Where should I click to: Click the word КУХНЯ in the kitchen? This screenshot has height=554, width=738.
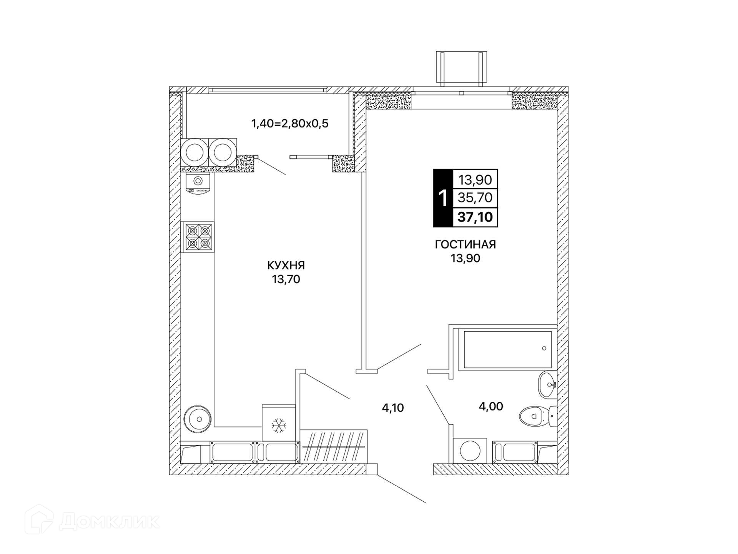coord(286,265)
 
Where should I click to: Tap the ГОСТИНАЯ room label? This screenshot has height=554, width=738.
coord(465,245)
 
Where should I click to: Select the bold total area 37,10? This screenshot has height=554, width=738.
coord(475,217)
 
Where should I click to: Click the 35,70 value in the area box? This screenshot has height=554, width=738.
coord(475,197)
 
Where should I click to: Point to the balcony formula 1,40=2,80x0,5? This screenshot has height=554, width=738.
coord(290,123)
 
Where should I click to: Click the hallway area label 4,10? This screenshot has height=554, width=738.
coord(393,408)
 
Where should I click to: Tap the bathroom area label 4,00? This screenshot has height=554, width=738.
coord(491,406)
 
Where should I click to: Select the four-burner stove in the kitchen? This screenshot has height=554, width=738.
coord(197,237)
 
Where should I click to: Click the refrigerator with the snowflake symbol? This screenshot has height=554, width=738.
coord(279,422)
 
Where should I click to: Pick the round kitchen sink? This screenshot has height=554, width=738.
coord(198,419)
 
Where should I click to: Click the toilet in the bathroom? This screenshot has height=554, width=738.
coord(538,416)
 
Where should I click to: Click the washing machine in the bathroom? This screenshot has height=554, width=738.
coord(470,451)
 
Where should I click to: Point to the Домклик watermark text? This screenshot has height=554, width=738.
coord(110,522)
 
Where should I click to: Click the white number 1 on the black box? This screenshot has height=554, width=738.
coord(443,199)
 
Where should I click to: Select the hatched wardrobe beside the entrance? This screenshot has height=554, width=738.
coord(334,447)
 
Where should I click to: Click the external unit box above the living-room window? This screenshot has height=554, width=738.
coord(461,68)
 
